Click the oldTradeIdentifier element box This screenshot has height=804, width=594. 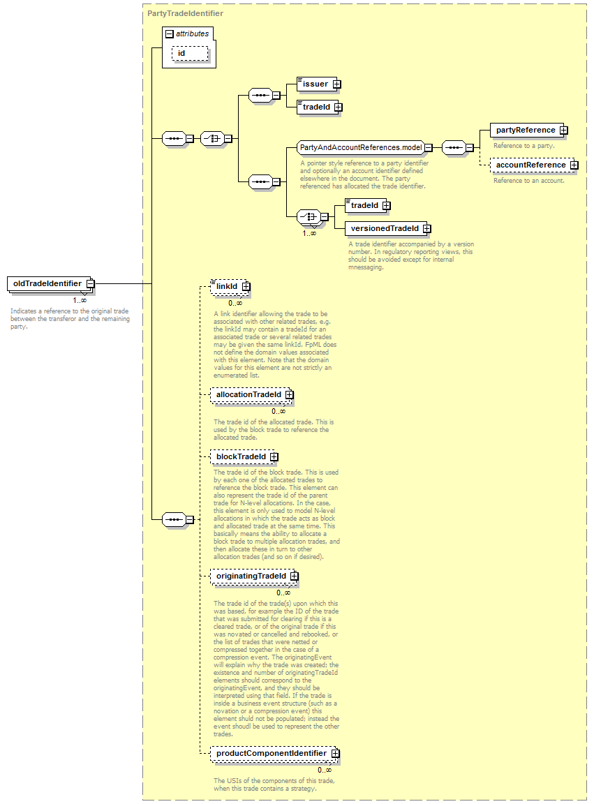47,283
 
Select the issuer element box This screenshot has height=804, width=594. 315,84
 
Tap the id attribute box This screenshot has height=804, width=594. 182,53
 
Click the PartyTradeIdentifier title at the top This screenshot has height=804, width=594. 185,13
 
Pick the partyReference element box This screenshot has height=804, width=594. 525,130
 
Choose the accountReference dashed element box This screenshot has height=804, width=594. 530,165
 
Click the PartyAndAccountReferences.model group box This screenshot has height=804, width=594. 360,147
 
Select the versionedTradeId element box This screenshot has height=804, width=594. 385,228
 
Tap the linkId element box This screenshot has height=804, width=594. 227,286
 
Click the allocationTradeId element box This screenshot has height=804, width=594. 248,395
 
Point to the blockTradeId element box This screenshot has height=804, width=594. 241,457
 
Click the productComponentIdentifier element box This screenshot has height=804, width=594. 271,754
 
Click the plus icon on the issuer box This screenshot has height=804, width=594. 336,84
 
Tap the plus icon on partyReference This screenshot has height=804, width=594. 563,130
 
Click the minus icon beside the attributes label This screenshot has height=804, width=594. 169,33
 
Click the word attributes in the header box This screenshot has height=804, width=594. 192,33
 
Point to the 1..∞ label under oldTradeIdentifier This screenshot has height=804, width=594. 80,300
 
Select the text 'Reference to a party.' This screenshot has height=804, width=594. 524,146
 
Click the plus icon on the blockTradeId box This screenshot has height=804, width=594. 274,457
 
